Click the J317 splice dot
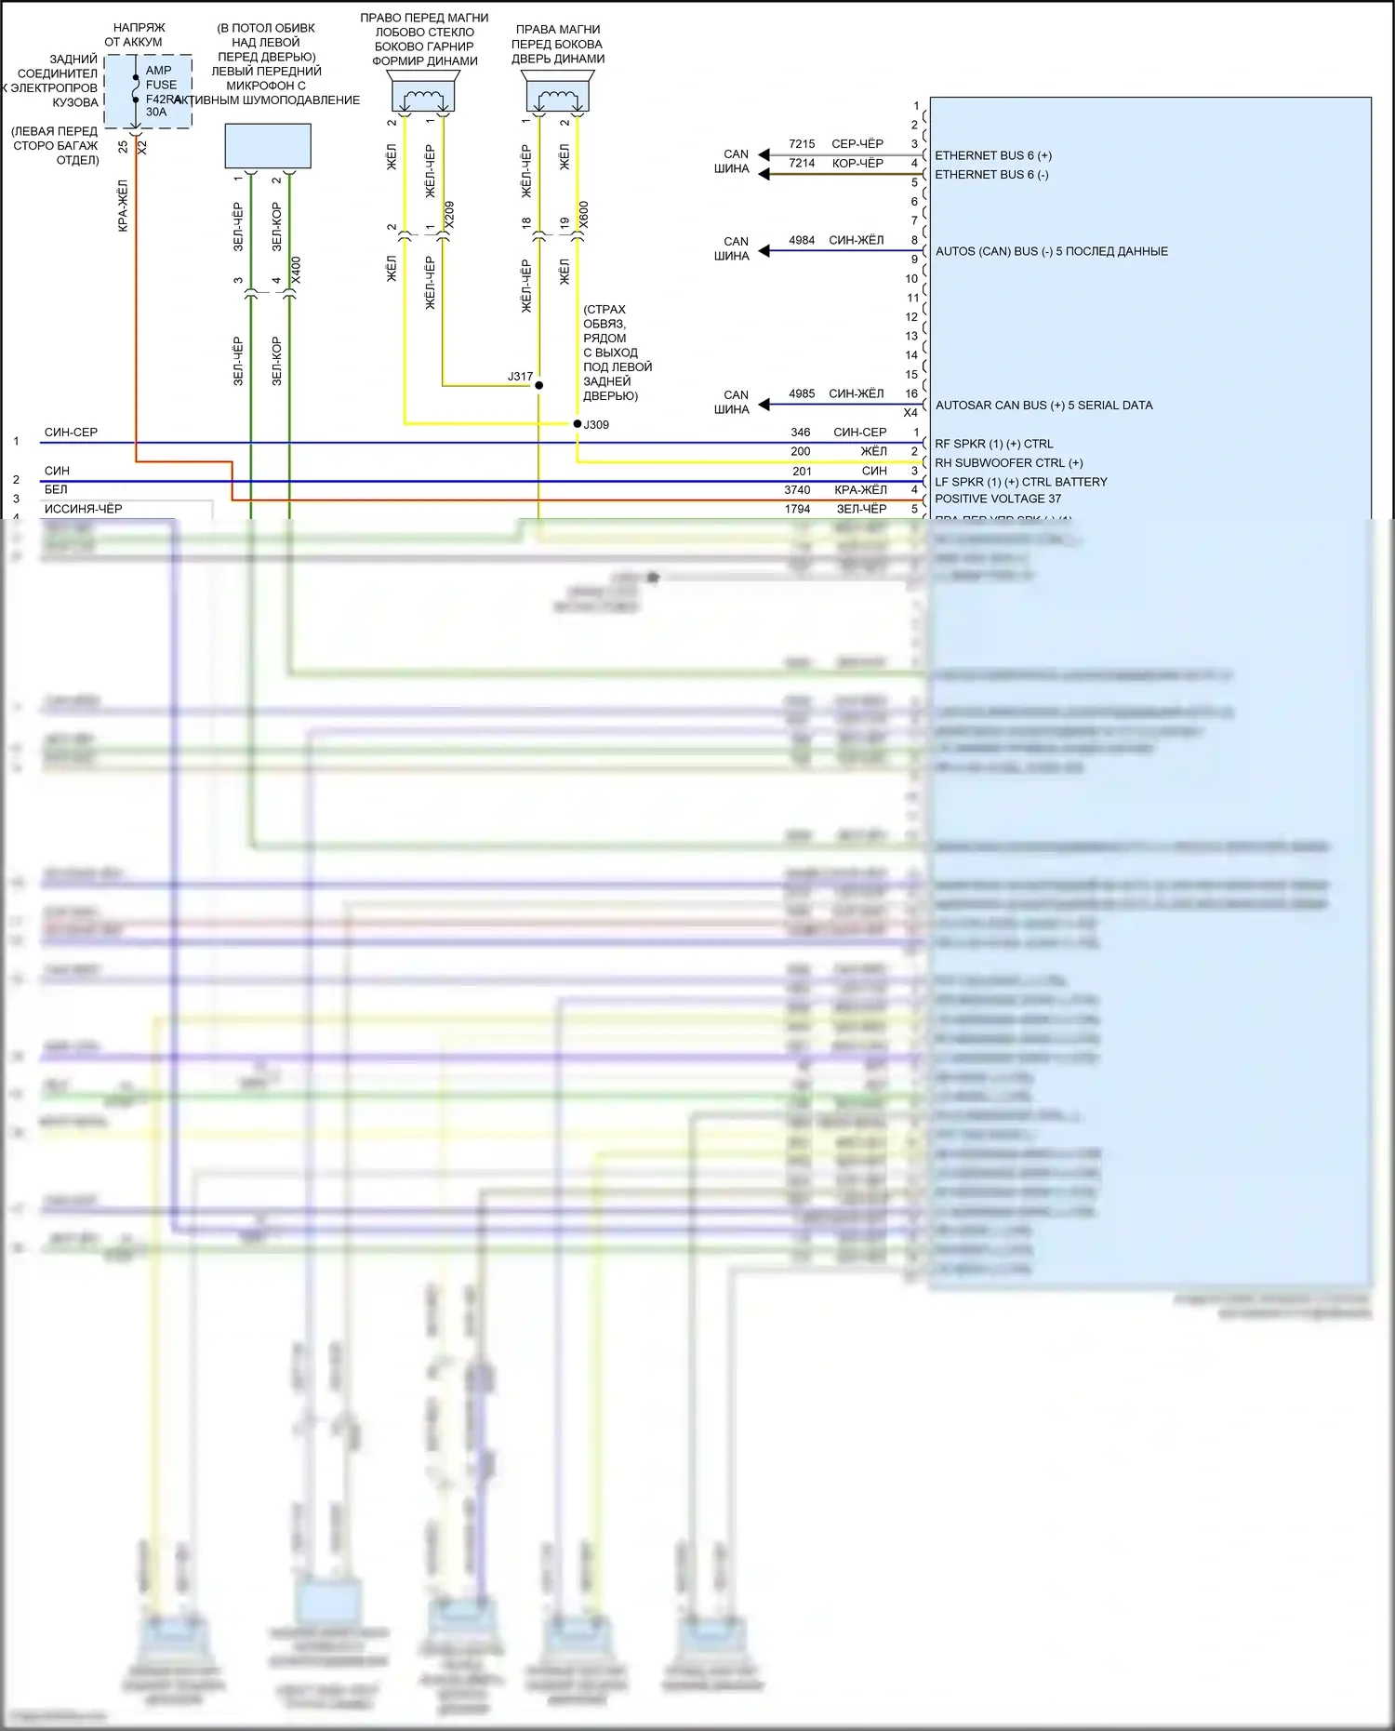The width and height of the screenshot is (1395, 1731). point(538,385)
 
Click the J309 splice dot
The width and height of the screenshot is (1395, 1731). point(578,424)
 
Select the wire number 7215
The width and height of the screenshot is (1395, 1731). point(802,144)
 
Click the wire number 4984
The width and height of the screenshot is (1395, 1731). point(802,241)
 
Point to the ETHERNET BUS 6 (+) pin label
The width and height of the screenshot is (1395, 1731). point(993,155)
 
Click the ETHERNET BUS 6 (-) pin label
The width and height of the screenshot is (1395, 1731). point(991,175)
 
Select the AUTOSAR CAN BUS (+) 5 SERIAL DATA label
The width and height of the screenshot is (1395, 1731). point(1043,406)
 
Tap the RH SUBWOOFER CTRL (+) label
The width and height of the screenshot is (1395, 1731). point(1008,463)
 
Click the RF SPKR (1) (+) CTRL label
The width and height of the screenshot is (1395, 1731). point(993,444)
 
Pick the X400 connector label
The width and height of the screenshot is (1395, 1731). point(296,270)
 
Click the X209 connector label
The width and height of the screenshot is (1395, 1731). point(450,215)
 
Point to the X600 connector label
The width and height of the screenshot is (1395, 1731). point(584,215)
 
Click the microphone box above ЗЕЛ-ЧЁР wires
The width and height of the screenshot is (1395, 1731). point(268,145)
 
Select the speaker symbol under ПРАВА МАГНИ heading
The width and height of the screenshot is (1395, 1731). point(558,96)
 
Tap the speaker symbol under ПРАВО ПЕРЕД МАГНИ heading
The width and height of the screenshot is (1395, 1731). point(424,96)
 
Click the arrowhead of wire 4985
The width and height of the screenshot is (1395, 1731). point(764,405)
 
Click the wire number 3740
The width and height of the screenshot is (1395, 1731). point(797,490)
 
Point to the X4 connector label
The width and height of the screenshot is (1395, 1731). point(910,413)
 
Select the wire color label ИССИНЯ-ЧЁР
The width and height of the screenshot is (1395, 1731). point(83,509)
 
